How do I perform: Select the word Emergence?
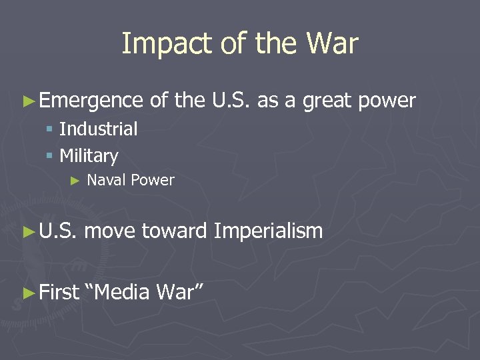tap(91, 101)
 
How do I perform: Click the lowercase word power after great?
tap(387, 101)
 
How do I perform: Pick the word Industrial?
tap(99, 129)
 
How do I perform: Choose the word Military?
tap(89, 156)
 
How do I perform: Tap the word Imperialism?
tap(268, 231)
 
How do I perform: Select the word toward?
tap(174, 231)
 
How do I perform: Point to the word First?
tap(59, 291)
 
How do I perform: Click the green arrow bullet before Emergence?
tap(27, 101)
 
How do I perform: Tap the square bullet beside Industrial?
tap(49, 129)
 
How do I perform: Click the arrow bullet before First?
tap(27, 292)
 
